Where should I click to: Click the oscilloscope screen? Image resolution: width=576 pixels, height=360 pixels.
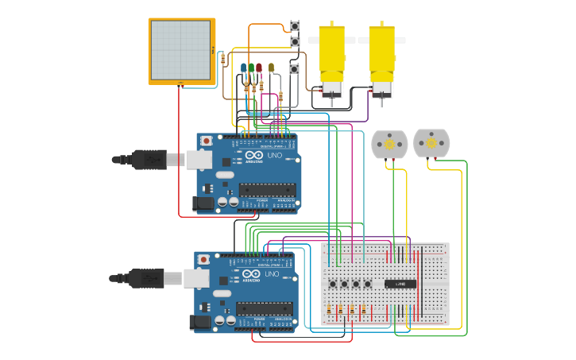coord(180,49)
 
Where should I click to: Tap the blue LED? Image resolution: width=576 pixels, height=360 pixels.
coord(244,68)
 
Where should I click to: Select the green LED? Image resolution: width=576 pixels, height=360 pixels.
coord(252,68)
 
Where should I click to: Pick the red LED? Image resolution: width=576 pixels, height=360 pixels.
coord(259,68)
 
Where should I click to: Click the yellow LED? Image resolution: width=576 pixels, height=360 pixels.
coord(272,68)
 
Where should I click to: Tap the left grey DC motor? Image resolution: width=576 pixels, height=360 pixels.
coord(389,145)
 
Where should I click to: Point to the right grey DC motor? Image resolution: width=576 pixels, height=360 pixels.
coord(431,144)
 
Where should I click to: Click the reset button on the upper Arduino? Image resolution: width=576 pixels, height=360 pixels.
coord(207,141)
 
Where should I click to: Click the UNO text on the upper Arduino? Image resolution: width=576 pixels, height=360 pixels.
coord(274,156)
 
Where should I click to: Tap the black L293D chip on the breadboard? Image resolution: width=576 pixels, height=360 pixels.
coord(400,284)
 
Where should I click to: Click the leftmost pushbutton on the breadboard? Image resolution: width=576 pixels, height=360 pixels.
coord(332,284)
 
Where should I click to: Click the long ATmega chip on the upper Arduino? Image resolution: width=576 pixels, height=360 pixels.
coord(267,190)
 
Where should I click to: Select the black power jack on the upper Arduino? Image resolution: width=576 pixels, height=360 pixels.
coord(203,203)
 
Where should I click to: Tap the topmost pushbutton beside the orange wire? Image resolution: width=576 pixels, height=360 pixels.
coord(295,26)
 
